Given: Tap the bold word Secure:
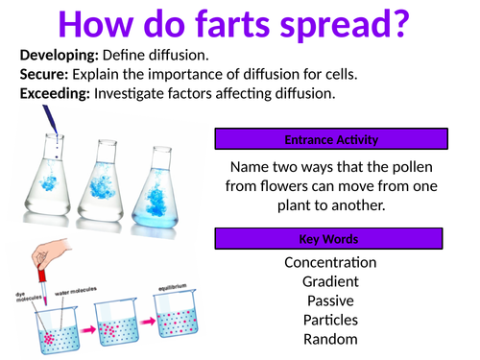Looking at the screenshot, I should tap(44, 74).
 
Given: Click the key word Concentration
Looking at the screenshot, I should tap(330, 262).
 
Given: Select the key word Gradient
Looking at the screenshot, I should tap(330, 281).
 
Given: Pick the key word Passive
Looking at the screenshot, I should tap(330, 300).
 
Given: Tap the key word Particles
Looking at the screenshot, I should tap(330, 320).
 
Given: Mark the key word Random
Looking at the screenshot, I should tap(330, 339).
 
